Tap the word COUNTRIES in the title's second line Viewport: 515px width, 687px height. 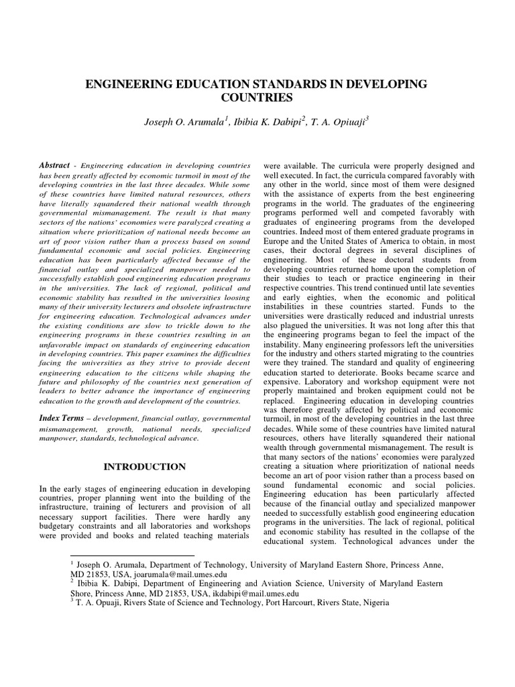point(257,98)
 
